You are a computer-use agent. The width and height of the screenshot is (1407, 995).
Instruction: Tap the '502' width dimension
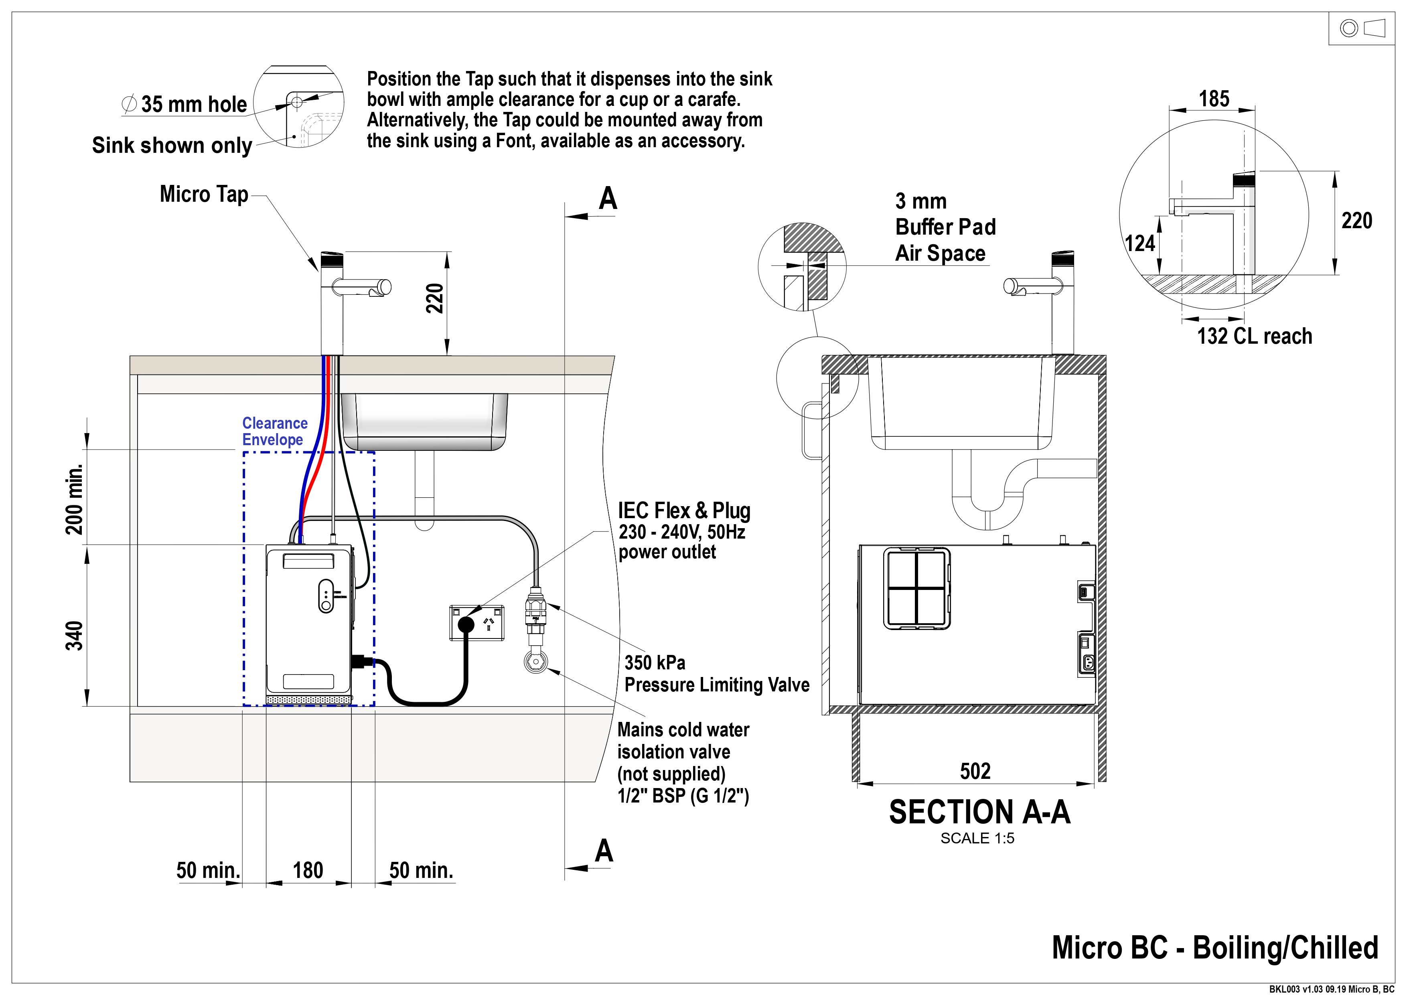pyautogui.click(x=975, y=771)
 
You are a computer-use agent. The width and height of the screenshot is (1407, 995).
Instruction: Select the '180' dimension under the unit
pyautogui.click(x=308, y=870)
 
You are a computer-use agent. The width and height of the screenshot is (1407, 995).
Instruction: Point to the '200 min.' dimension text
pyautogui.click(x=74, y=499)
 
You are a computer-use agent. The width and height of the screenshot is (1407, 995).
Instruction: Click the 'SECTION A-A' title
pyautogui.click(x=979, y=812)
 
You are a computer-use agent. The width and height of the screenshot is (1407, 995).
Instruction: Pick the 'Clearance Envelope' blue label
pyautogui.click(x=274, y=432)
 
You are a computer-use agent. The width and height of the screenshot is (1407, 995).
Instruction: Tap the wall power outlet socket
pyautogui.click(x=477, y=623)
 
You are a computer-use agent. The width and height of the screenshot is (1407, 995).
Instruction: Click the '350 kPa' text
pyautogui.click(x=655, y=662)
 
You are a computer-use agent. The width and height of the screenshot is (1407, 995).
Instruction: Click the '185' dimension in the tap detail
pyautogui.click(x=1214, y=99)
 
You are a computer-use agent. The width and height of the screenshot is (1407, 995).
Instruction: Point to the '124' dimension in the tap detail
pyautogui.click(x=1140, y=243)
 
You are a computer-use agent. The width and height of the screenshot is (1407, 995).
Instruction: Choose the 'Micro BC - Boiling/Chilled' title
pyautogui.click(x=1214, y=947)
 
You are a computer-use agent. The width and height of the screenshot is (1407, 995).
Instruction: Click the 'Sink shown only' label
pyautogui.click(x=172, y=145)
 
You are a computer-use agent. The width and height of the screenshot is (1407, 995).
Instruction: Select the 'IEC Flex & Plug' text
pyautogui.click(x=684, y=511)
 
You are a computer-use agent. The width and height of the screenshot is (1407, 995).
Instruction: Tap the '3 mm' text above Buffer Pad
pyautogui.click(x=920, y=201)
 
